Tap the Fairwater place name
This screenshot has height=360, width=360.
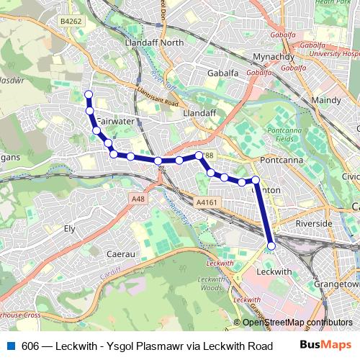(115, 121)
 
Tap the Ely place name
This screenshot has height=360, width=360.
(70, 228)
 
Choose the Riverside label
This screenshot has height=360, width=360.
(314, 223)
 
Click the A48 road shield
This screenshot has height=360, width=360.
(138, 198)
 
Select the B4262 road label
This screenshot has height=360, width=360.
(71, 22)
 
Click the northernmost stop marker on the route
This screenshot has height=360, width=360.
(89, 94)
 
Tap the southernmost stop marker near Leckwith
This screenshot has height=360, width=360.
(271, 246)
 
